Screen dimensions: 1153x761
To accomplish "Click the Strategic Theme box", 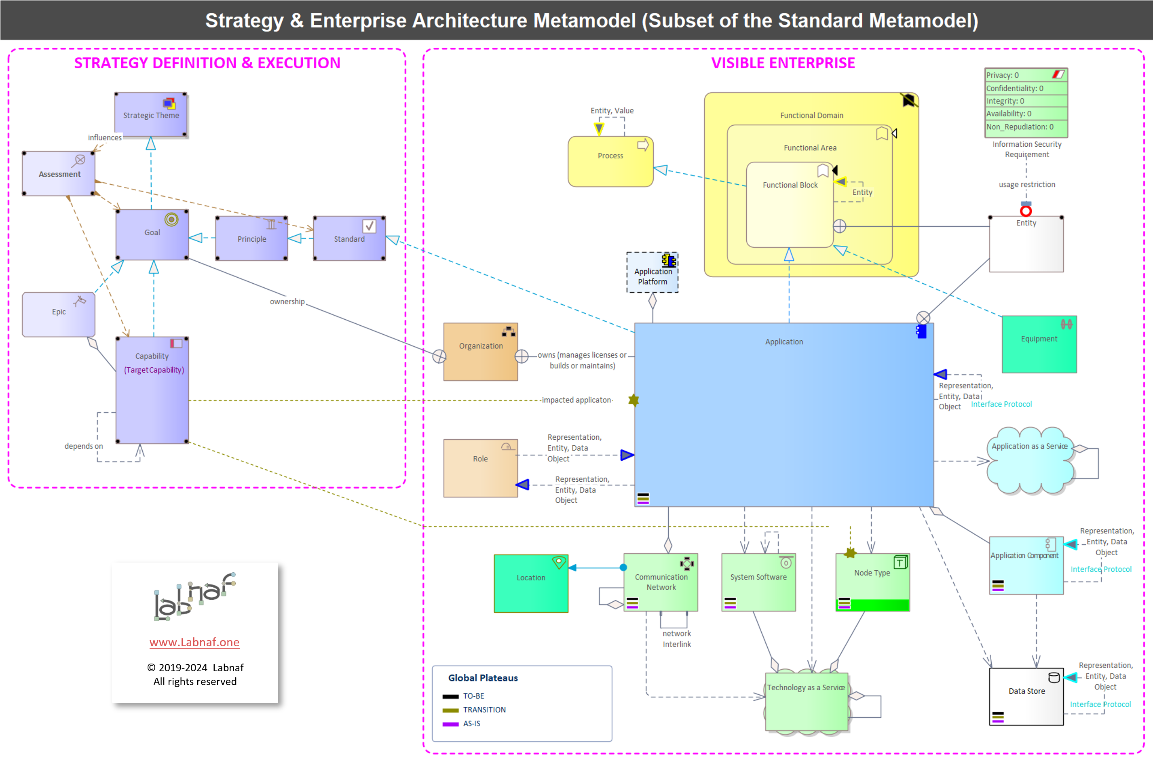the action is click(x=151, y=114).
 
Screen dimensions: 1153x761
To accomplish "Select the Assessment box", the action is click(x=59, y=173).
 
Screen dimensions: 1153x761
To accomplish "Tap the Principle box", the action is click(x=251, y=238).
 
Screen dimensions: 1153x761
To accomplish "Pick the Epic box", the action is click(x=59, y=314).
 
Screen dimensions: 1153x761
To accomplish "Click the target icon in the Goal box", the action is click(x=171, y=219).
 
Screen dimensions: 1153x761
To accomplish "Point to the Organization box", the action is click(x=481, y=352).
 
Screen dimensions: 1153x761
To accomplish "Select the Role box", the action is click(x=481, y=468).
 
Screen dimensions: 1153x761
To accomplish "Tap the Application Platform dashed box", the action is click(x=653, y=272).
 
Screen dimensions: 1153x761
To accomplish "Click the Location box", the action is click(x=531, y=583).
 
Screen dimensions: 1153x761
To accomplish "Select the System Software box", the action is click(x=759, y=582).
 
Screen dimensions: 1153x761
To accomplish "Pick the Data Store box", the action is click(x=1027, y=697).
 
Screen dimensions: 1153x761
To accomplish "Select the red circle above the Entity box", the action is click(x=1026, y=211).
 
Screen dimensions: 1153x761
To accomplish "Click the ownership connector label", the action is click(x=287, y=301).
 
